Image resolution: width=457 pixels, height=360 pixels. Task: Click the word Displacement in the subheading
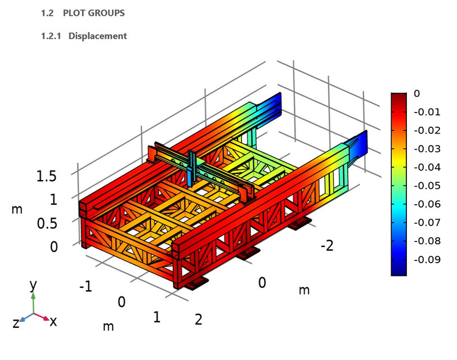pyautogui.click(x=97, y=36)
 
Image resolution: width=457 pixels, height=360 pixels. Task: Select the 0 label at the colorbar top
pyautogui.click(x=416, y=94)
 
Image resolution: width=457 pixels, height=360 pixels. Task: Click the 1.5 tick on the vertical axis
pyautogui.click(x=46, y=177)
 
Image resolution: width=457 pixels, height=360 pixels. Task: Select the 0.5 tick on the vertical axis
pyautogui.click(x=46, y=223)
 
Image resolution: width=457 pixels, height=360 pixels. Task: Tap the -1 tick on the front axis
pyautogui.click(x=85, y=287)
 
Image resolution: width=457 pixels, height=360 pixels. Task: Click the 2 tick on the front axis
pyautogui.click(x=198, y=319)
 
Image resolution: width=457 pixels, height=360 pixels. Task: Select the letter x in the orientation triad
pyautogui.click(x=53, y=321)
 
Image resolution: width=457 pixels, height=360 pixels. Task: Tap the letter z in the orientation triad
pyautogui.click(x=16, y=323)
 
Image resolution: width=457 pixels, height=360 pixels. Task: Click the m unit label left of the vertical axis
pyautogui.click(x=17, y=210)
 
